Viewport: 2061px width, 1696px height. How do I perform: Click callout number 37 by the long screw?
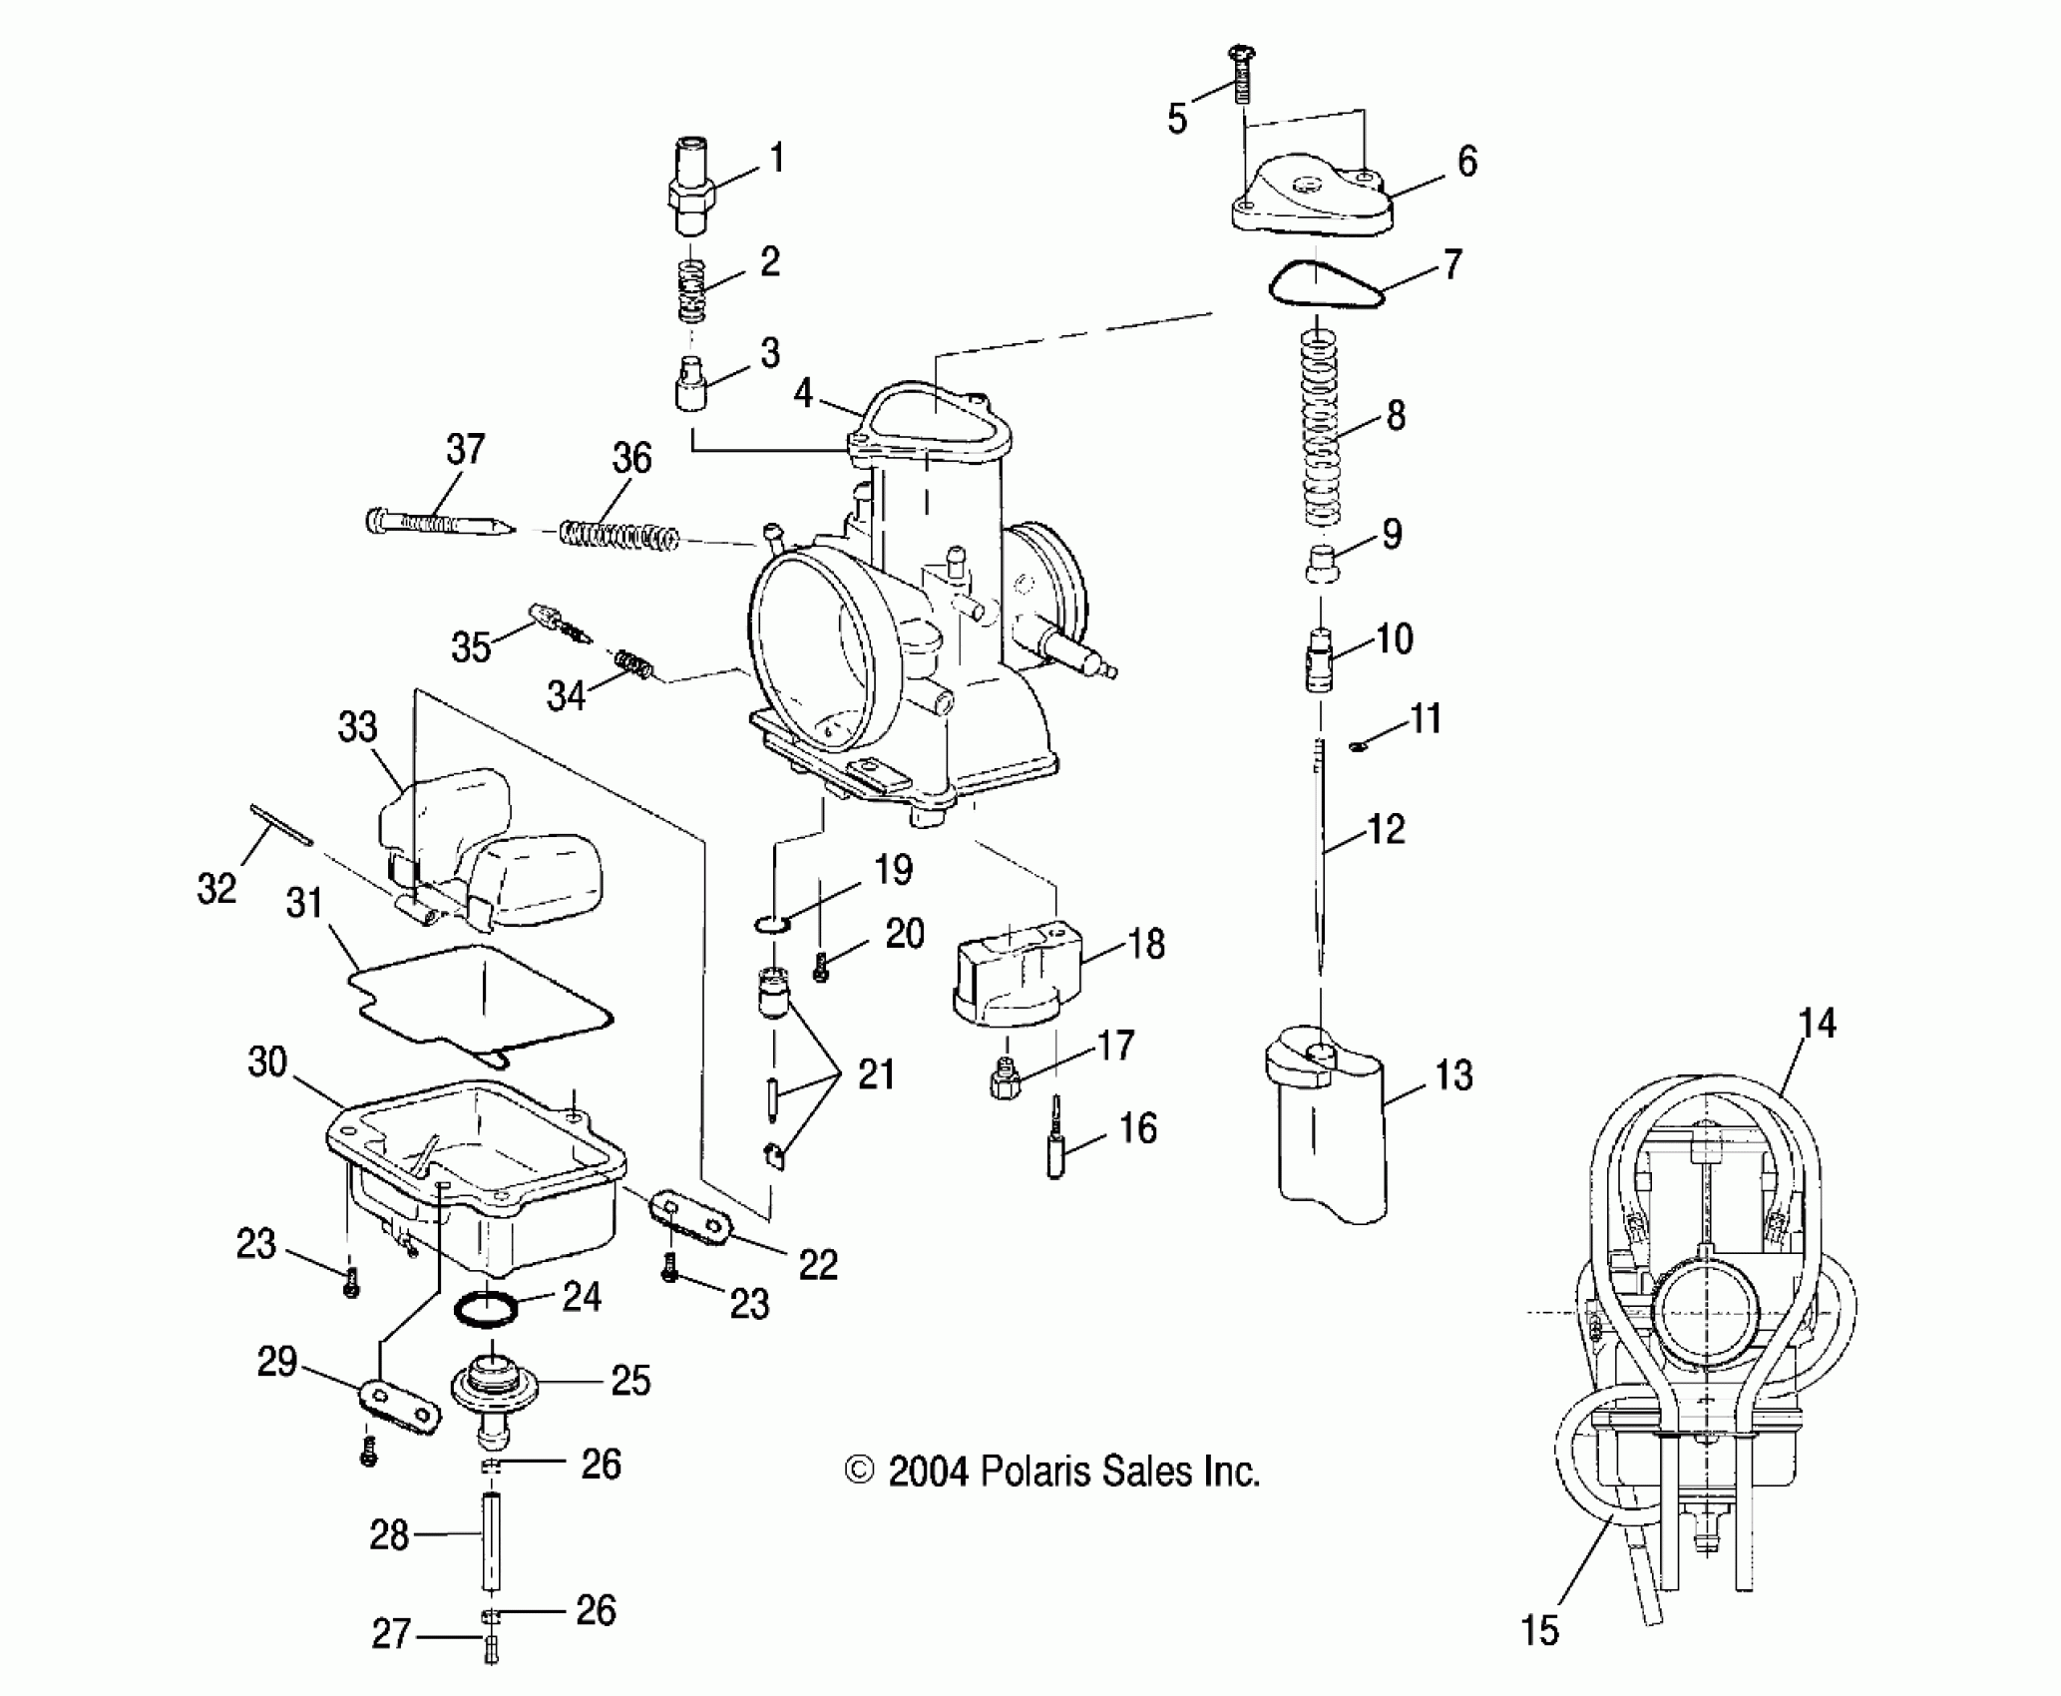[x=465, y=450]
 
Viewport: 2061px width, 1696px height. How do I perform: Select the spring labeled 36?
[x=618, y=535]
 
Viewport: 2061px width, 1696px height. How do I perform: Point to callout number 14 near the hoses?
[x=1817, y=1024]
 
